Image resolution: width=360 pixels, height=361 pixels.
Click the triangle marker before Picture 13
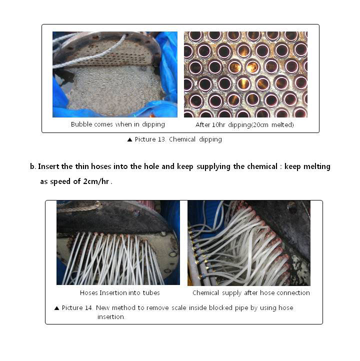129,139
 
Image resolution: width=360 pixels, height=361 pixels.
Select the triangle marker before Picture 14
56,308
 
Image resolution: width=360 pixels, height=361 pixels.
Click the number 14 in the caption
88,308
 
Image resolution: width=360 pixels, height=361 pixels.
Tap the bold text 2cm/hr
96,181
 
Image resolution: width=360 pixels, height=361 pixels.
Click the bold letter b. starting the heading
33,166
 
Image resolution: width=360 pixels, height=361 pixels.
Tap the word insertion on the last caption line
111,317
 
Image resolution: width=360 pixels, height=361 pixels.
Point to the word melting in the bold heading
317,166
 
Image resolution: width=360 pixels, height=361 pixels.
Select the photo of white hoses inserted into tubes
118,242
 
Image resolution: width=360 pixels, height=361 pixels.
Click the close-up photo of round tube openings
245,74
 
